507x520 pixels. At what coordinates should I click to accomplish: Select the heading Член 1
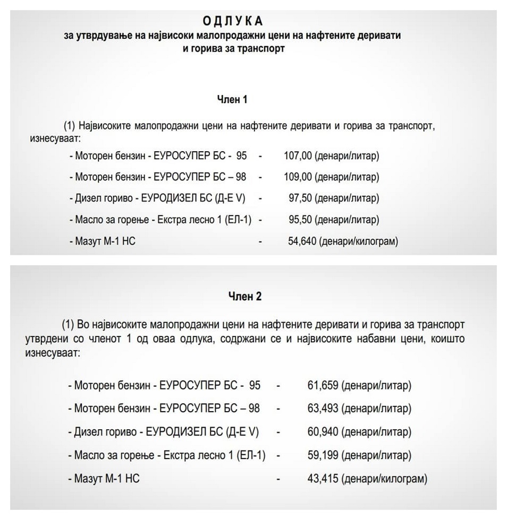tap(232, 99)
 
